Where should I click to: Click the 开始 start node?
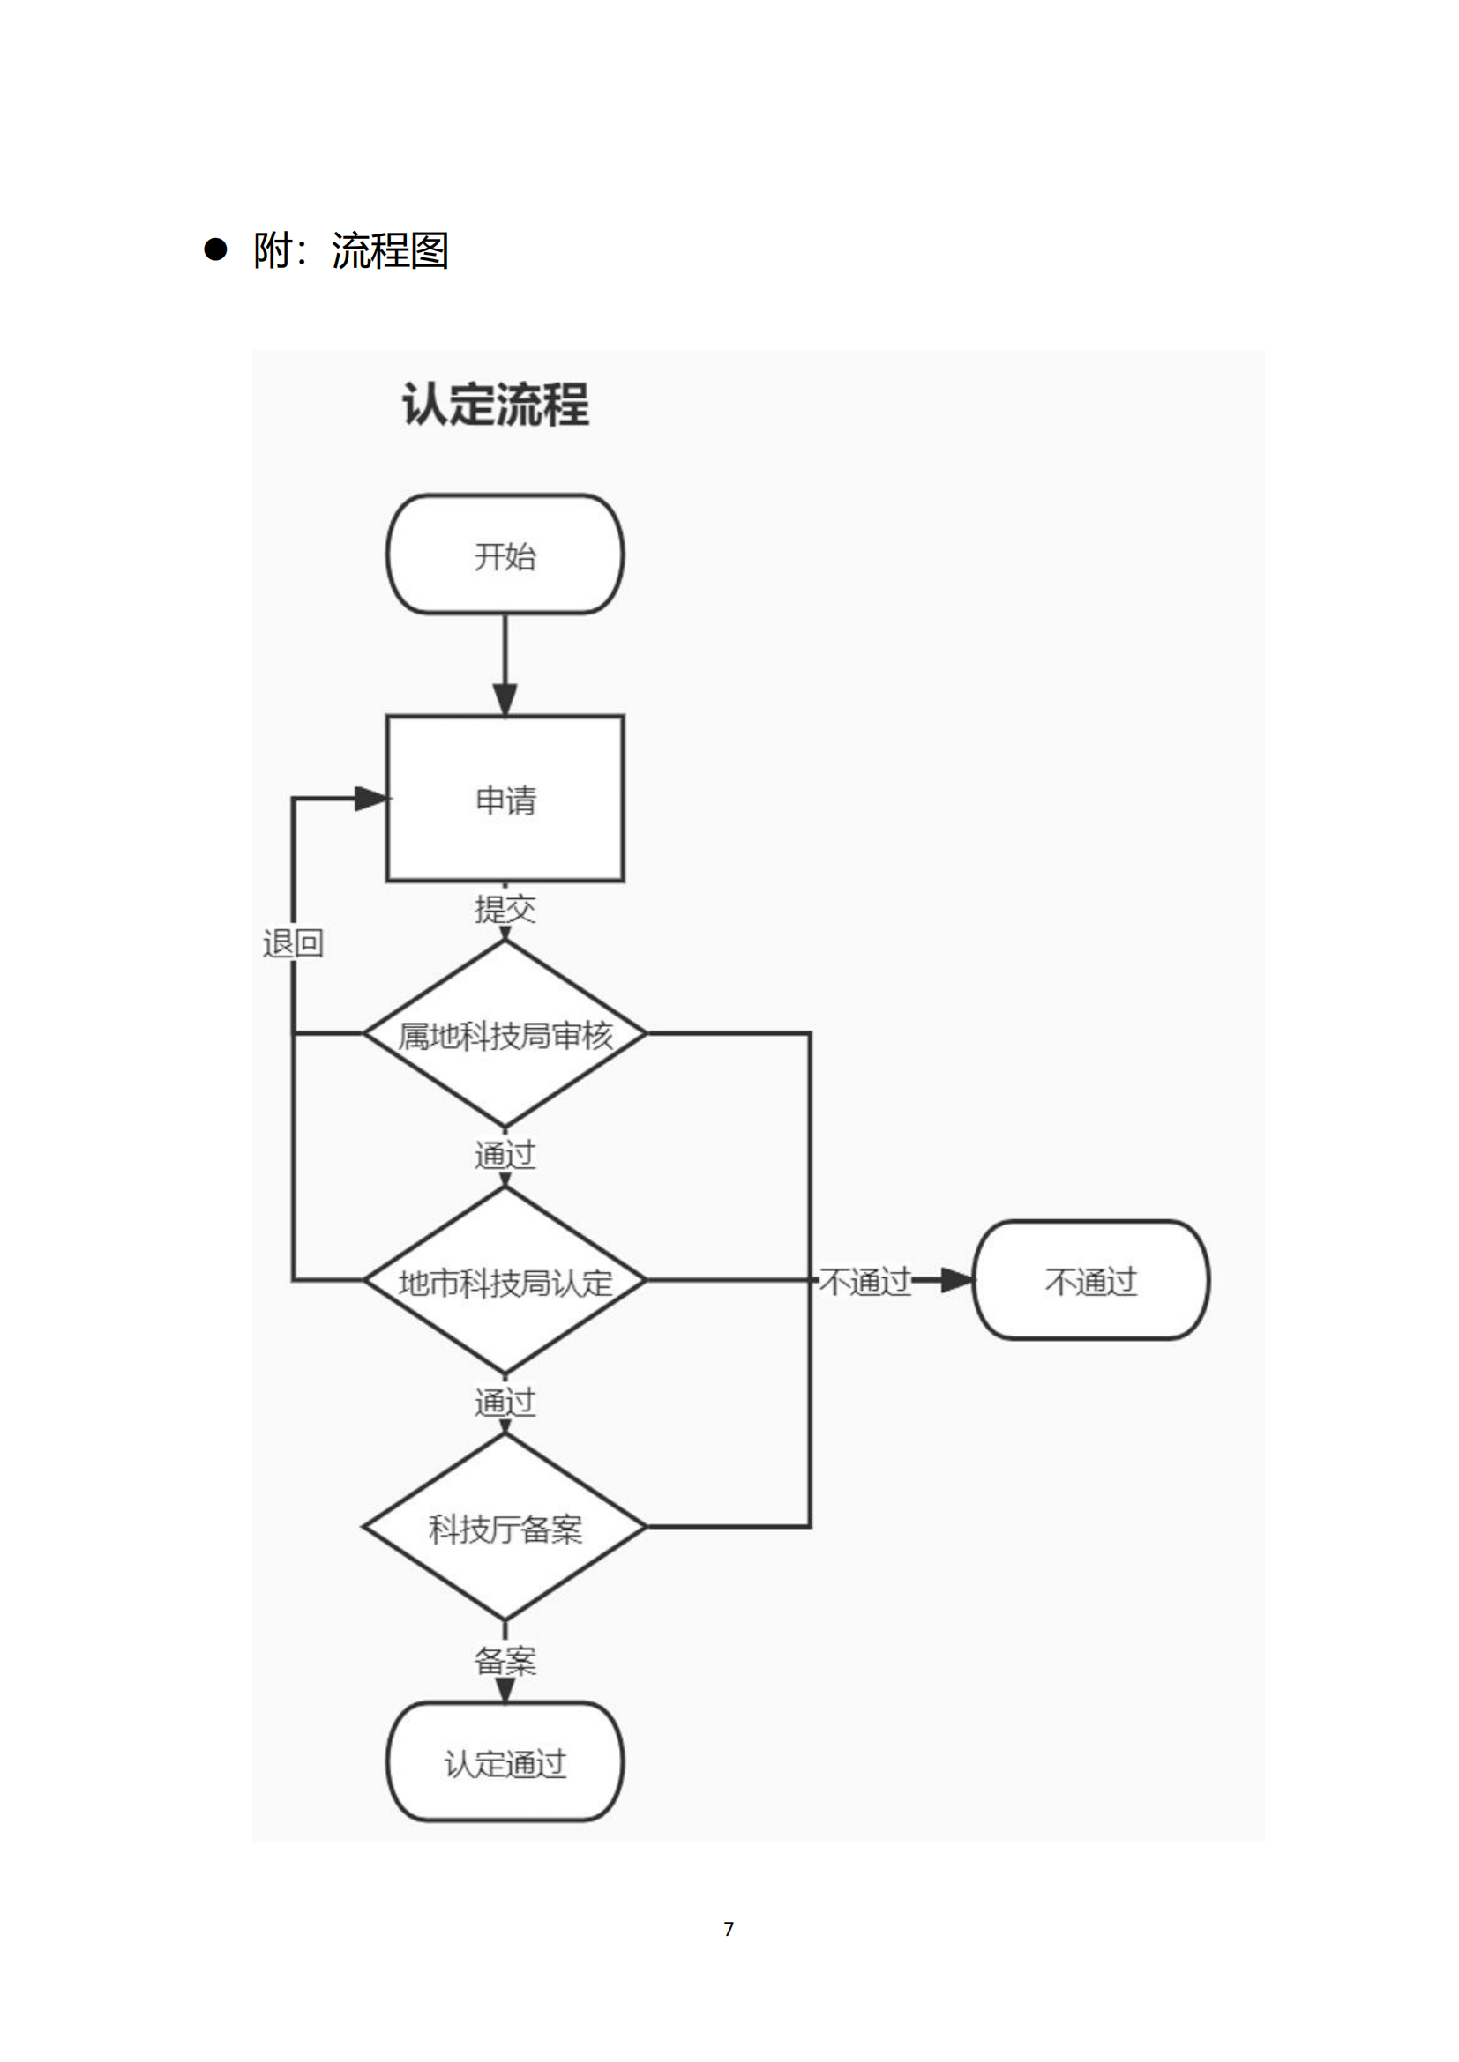point(505,555)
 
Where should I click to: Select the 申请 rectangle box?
point(505,799)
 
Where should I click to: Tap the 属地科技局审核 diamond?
point(505,1035)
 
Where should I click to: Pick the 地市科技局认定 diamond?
point(505,1282)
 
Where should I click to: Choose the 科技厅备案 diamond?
point(505,1527)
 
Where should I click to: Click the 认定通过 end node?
point(505,1763)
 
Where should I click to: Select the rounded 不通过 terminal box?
point(1090,1281)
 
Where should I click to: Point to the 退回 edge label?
point(293,943)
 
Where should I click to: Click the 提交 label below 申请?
point(505,909)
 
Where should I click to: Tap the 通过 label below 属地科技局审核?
point(505,1154)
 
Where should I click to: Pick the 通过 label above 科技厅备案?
point(505,1401)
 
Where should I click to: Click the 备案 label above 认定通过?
point(505,1662)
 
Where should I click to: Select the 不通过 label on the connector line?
point(865,1282)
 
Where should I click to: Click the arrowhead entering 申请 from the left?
point(370,798)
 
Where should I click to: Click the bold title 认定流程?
point(495,404)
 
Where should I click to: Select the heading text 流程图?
point(389,250)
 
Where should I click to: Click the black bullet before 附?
point(215,249)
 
